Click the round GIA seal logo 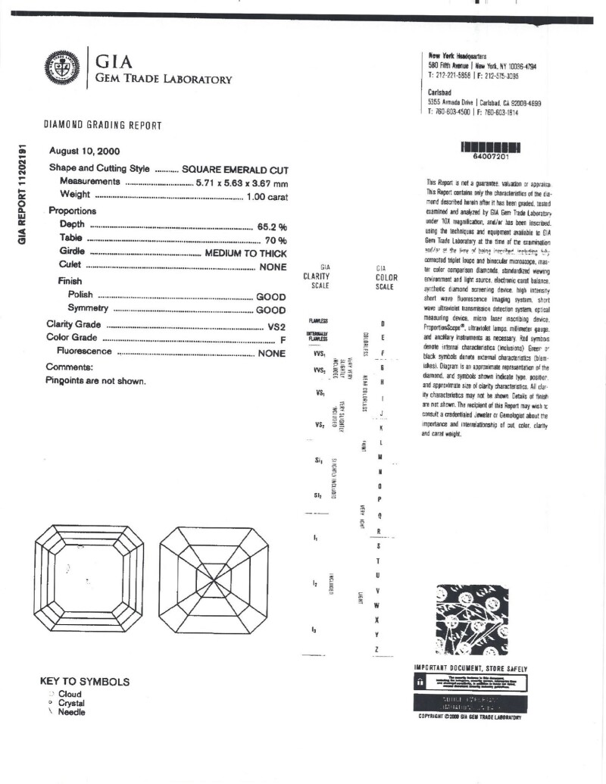tap(63, 66)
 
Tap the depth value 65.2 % tap(272, 226)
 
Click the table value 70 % tap(276, 240)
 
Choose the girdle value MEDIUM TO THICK tap(245, 254)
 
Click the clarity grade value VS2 tap(276, 325)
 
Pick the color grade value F tap(283, 339)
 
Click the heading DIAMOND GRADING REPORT tap(102, 125)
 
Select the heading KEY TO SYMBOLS tap(84, 682)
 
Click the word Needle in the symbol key tap(72, 712)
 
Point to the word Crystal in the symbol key tap(73, 703)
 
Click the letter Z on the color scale tap(376, 651)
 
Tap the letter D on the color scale tap(383, 323)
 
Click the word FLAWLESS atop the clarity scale tap(317, 322)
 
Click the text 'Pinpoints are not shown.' tap(95, 381)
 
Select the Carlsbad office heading tap(440, 92)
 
